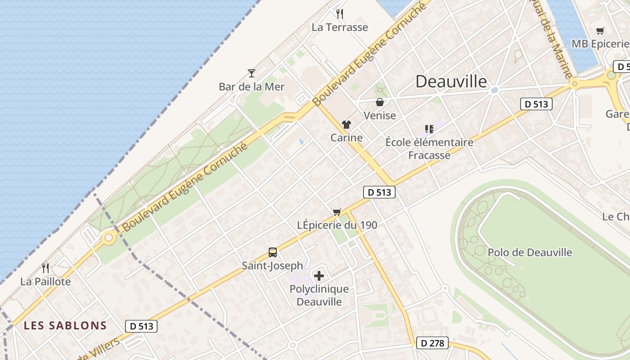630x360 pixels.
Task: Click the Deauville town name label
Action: [451, 81]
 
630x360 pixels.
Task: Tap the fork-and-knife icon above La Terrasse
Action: [340, 14]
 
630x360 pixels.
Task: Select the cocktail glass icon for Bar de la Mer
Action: [252, 73]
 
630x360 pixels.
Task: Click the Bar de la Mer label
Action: [252, 86]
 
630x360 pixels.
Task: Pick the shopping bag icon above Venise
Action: [379, 102]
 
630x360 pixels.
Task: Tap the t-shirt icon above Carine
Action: [346, 125]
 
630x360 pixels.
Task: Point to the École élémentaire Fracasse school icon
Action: [429, 129]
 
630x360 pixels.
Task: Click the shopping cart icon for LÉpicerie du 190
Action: [337, 212]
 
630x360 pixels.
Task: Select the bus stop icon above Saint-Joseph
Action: [272, 252]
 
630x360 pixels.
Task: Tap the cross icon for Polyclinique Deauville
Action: [319, 275]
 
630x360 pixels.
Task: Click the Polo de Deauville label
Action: [530, 252]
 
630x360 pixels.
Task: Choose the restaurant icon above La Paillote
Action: [45, 268]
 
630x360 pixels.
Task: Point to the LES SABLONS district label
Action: [65, 325]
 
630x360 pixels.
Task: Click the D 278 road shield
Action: [432, 343]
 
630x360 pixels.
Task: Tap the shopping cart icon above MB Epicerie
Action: [600, 31]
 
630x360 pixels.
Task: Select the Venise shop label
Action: [379, 116]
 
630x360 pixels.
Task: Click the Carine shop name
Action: [346, 138]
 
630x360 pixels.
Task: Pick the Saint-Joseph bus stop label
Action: [272, 265]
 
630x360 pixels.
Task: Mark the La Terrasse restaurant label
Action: [340, 27]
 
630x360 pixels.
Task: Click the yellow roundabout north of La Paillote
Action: [108, 237]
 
